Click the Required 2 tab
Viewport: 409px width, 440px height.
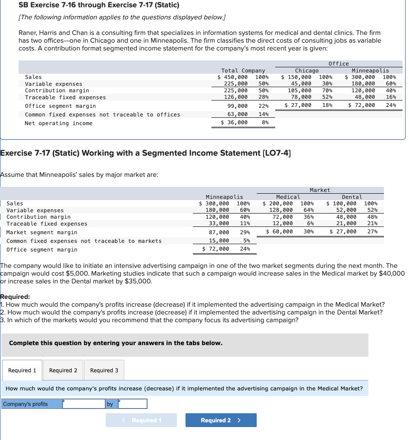[x=63, y=371]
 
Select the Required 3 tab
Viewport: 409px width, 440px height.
[x=104, y=371]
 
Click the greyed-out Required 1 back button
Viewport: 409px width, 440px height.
[x=141, y=420]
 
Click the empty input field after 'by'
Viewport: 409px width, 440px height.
[x=133, y=404]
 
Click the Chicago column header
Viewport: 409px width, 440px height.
[x=307, y=70]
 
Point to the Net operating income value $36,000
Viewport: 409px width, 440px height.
[x=234, y=123]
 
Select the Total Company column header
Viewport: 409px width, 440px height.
[x=243, y=70]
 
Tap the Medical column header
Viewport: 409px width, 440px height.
[x=288, y=197]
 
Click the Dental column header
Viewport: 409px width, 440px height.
[x=352, y=197]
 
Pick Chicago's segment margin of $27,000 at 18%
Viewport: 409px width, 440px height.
[x=298, y=105]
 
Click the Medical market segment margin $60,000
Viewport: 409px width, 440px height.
[x=280, y=232]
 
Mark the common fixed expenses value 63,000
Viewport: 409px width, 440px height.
[x=236, y=114]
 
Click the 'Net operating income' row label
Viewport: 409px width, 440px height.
[x=59, y=123]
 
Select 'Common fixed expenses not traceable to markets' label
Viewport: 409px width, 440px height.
[x=84, y=241]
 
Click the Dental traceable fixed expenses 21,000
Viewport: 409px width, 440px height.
[x=346, y=223]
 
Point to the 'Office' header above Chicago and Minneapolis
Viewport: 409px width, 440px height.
[x=338, y=63]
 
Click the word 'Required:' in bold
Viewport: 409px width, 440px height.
[x=15, y=297]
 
